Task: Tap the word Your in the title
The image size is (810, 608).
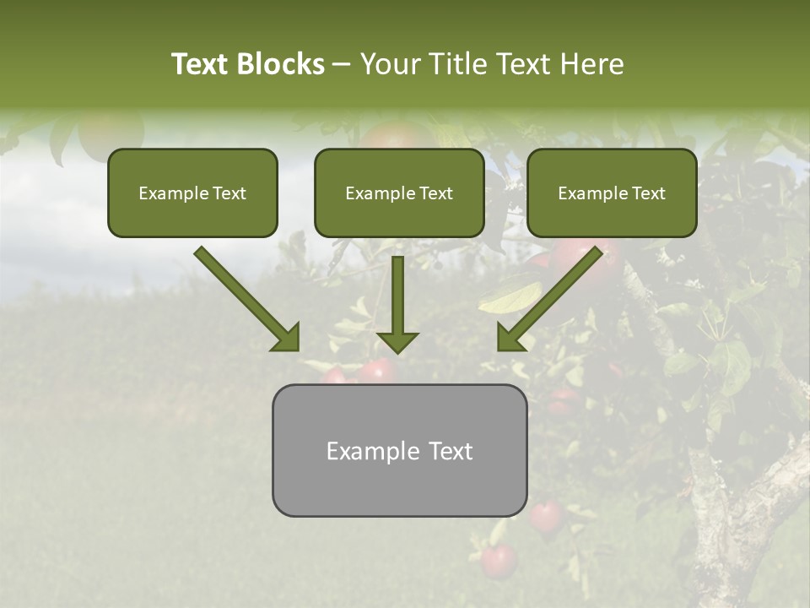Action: tap(389, 64)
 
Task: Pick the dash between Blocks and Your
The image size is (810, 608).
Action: tap(342, 64)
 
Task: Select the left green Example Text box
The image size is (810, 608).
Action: tap(192, 193)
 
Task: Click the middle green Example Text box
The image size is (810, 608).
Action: tap(399, 193)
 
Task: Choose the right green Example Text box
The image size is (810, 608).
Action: tap(612, 193)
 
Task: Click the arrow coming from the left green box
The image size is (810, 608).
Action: tap(247, 299)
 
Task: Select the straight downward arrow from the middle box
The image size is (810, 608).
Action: tap(397, 304)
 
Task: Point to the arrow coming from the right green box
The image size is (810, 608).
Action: tap(549, 299)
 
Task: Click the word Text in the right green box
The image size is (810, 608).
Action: tap(649, 193)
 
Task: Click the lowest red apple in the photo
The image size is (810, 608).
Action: tap(499, 561)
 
